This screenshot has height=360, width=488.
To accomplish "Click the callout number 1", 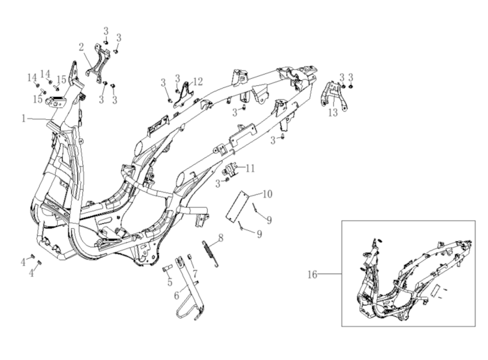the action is coord(24,119).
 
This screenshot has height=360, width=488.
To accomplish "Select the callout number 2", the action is coord(82,47).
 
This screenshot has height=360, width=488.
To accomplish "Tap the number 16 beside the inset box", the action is coord(312,275).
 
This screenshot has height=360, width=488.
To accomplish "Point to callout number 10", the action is coord(268,194).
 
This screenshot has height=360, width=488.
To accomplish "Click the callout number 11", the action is coord(250,168).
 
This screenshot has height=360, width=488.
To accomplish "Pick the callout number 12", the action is coord(198,82).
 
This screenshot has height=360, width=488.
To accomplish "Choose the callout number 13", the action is coord(333,112).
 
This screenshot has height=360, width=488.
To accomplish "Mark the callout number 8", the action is coord(221,238).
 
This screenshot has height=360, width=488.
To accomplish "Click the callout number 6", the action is coord(176,295).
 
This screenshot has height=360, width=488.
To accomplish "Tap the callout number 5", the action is coord(169,283).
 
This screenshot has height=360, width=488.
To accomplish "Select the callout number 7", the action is coord(195,273).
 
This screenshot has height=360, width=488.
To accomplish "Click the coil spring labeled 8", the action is coord(211,254).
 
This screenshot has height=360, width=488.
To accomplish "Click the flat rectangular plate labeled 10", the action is coord(236,207).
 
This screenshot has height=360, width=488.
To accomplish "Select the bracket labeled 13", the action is coord(333,96).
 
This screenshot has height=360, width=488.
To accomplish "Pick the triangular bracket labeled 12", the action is coord(183,94).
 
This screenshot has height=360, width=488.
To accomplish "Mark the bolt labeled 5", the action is coord(167,268).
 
